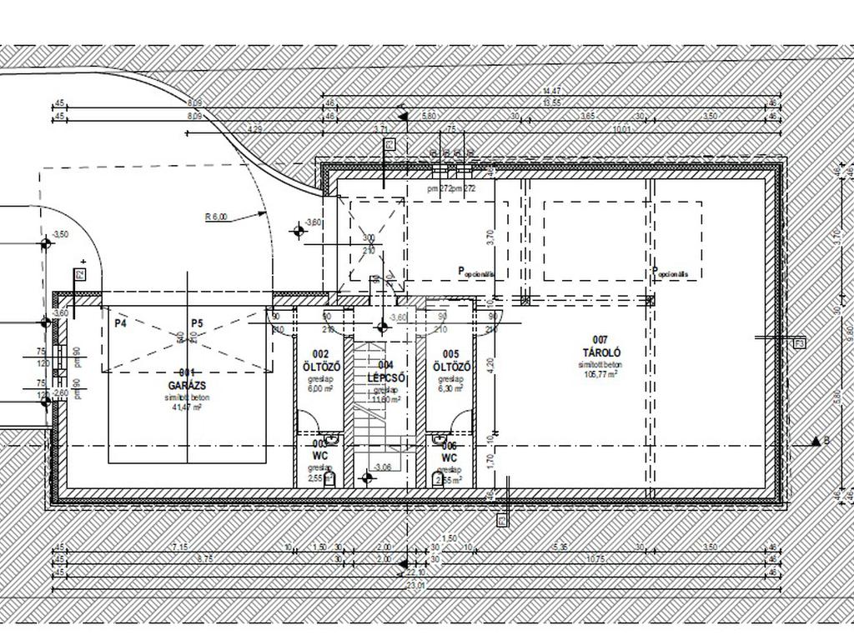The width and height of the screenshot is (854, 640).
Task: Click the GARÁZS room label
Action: click(187, 386)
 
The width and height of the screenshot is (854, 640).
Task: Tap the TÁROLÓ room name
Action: click(600, 352)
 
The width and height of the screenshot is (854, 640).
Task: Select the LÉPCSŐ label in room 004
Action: click(385, 377)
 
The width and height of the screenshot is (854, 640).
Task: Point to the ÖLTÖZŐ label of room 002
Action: click(321, 367)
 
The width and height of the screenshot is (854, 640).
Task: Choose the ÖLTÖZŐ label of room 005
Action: click(451, 367)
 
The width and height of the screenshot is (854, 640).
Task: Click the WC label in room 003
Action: click(320, 457)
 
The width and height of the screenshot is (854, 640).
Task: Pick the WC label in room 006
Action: click(450, 458)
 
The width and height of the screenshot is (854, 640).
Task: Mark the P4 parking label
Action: click(121, 323)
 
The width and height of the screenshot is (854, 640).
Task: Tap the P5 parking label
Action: click(197, 323)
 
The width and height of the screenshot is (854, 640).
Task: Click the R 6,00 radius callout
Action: click(217, 217)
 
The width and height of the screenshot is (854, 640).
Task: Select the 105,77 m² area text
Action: click(600, 375)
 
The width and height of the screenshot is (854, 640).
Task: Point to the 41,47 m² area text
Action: click(187, 407)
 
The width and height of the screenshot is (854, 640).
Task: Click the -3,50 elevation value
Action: click(60, 235)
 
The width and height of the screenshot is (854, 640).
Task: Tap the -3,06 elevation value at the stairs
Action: click(383, 467)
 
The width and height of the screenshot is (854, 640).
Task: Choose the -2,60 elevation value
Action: click(59, 392)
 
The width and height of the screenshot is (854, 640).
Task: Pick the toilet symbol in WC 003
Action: click(330, 478)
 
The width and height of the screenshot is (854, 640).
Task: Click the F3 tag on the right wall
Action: click(800, 342)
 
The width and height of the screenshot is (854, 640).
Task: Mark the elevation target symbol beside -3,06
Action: click(365, 478)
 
